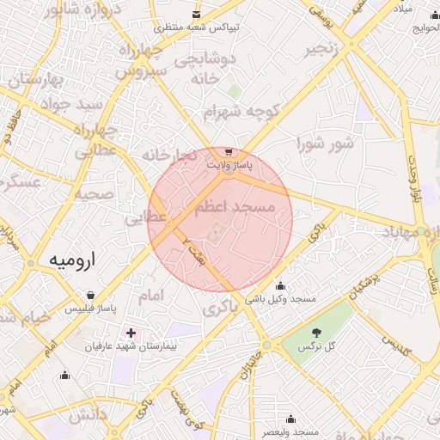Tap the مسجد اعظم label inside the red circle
pos(233,208)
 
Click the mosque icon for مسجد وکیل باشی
pos(280,286)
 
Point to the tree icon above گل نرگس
pos(315,333)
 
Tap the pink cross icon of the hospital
pos(131,332)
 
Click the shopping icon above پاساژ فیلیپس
pos(90,295)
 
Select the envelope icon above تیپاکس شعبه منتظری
pos(197,15)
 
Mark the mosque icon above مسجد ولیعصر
pos(290,419)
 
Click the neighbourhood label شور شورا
pos(325,144)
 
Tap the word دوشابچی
pos(205,60)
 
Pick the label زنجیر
pos(327,49)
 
